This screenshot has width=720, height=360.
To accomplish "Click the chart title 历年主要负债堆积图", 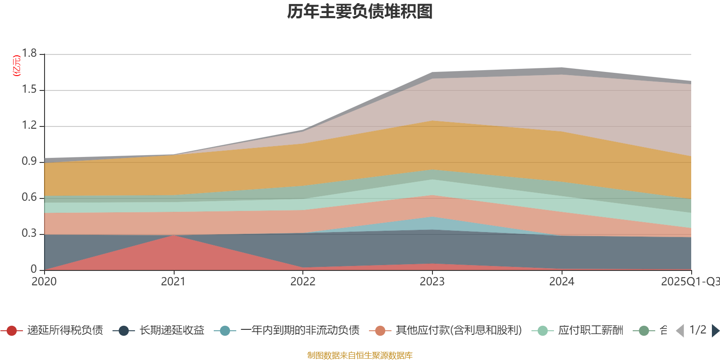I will [x=360, y=12].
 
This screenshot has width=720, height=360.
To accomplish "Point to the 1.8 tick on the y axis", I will [x=30, y=54].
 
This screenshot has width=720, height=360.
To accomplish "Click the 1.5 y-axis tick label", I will [x=30, y=90].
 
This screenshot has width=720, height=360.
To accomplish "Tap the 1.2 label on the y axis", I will [x=30, y=126].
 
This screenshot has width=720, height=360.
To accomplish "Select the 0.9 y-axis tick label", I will [x=30, y=162].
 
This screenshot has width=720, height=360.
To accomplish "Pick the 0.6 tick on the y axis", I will [x=30, y=198].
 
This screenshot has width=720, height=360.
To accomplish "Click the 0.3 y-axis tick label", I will [x=30, y=234].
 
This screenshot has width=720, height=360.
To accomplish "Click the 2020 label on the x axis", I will [x=44, y=282].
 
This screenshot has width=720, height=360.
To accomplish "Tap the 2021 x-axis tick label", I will [x=173, y=282].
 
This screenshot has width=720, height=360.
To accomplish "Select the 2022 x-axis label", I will [x=303, y=282].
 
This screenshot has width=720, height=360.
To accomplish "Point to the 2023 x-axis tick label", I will [x=432, y=282].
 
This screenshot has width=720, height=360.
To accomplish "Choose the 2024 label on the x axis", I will [x=562, y=282].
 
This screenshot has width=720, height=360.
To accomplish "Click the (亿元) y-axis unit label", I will [x=17, y=66].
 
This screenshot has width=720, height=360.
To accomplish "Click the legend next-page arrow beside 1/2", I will [x=715, y=331].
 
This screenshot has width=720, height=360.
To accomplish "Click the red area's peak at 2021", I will [x=174, y=236].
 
